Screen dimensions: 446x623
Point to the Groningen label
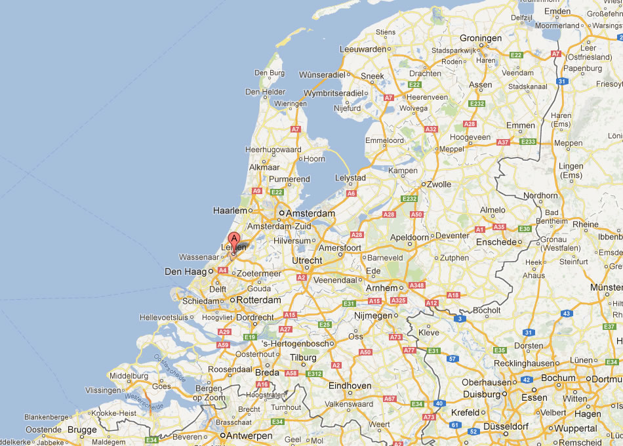tap(480, 38)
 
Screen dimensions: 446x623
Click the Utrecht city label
tap(307, 260)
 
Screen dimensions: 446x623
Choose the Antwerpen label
tap(251, 436)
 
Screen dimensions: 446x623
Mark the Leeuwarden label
tap(363, 49)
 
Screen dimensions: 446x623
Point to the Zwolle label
tap(439, 184)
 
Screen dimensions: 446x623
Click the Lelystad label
tap(350, 178)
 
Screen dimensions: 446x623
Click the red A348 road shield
tap(416, 285)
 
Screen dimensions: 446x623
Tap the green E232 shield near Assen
tap(477, 103)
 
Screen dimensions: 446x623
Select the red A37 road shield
tap(503, 142)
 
